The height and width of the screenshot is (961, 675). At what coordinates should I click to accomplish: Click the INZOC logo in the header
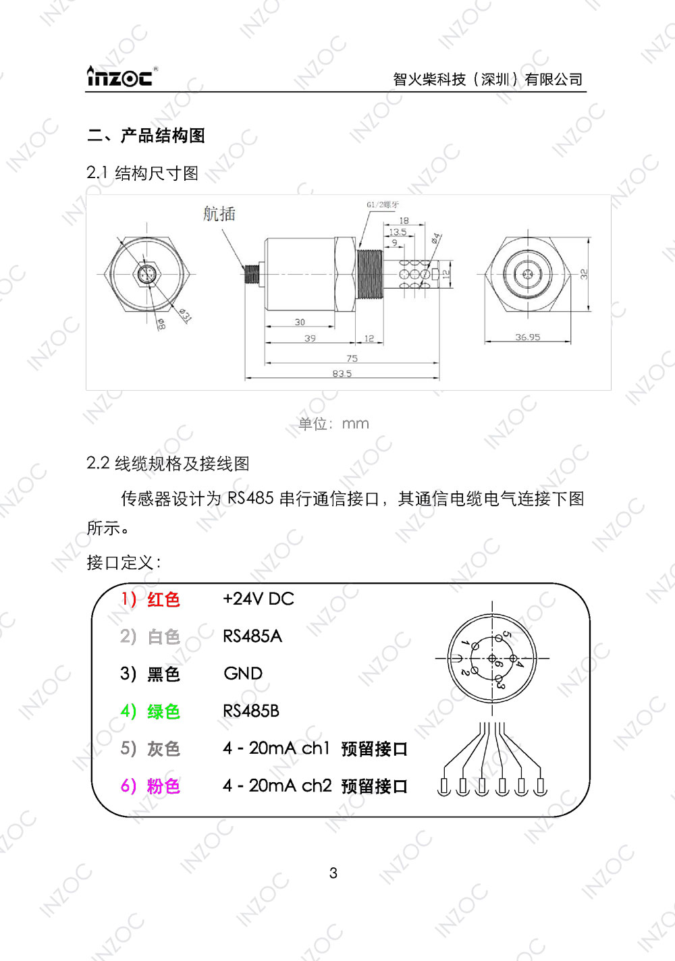120,77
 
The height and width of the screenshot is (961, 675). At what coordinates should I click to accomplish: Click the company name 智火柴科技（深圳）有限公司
487,80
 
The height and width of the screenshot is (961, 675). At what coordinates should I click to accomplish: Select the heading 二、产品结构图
146,136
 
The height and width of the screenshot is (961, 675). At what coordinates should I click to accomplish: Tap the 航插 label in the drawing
219,214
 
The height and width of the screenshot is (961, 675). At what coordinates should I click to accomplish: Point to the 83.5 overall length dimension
342,373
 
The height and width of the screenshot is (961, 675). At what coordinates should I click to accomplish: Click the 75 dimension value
352,358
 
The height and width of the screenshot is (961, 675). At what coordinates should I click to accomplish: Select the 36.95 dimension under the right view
527,337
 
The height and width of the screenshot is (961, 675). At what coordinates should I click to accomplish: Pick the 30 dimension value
300,323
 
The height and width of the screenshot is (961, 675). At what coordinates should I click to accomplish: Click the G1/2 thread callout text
383,204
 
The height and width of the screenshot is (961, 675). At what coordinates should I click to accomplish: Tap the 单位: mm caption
333,424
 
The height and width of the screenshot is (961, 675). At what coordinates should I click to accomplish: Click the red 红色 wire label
163,599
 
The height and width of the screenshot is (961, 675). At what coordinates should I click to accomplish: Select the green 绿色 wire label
163,711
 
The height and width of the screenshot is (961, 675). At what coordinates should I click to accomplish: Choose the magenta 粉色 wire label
163,786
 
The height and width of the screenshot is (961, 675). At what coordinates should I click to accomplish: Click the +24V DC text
259,599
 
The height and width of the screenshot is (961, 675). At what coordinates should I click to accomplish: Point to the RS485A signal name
252,636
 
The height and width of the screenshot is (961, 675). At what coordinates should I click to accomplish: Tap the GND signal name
243,674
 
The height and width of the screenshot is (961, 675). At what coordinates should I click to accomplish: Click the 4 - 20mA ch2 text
277,786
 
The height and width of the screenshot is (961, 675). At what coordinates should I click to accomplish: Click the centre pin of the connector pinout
492,658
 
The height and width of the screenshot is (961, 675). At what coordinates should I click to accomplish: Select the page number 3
333,873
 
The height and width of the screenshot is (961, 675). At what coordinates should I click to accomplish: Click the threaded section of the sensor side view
369,275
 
